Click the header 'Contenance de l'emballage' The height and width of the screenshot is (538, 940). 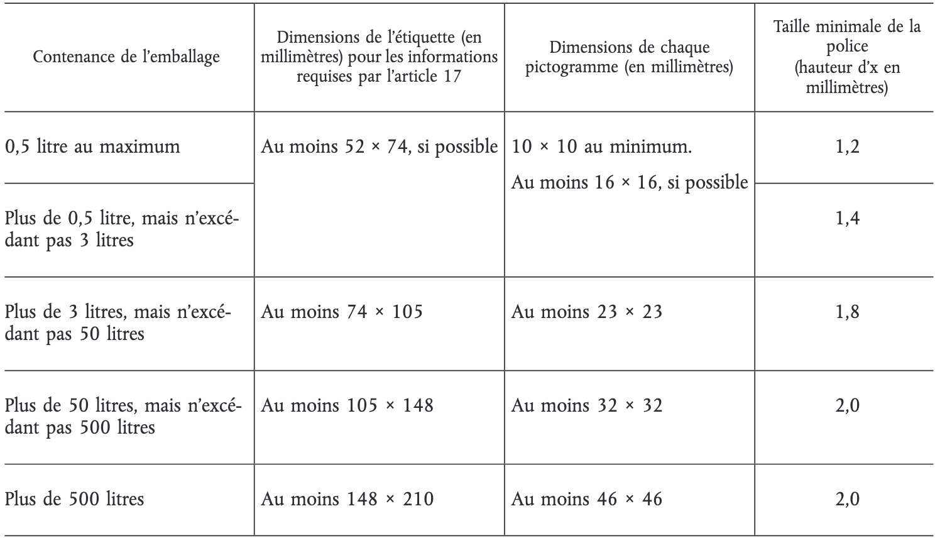point(126,57)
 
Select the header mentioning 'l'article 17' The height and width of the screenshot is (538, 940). point(379,57)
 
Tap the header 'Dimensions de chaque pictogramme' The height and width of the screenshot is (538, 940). point(629,57)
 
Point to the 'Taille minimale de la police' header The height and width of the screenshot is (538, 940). point(847,57)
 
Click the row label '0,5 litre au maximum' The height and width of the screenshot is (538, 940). point(92,147)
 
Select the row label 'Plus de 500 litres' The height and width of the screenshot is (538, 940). point(74,500)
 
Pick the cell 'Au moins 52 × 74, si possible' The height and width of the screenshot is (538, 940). point(379,147)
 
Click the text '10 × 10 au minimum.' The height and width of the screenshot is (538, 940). point(601,147)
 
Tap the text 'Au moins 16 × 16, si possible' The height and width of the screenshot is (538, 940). point(630,182)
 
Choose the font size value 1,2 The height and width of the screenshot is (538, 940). point(847,147)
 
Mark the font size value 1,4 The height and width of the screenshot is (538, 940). point(847,218)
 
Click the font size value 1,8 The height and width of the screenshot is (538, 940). point(847,312)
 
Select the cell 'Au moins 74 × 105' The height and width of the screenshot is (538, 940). point(342,312)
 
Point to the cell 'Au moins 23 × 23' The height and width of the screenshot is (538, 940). point(587,312)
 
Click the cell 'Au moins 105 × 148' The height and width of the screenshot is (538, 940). point(347,405)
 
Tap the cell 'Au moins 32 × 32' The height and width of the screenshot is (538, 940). point(587,405)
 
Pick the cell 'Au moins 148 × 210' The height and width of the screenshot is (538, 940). point(347,500)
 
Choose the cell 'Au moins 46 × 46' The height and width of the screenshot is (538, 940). point(587,500)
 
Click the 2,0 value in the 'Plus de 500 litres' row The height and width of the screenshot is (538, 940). point(847,500)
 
